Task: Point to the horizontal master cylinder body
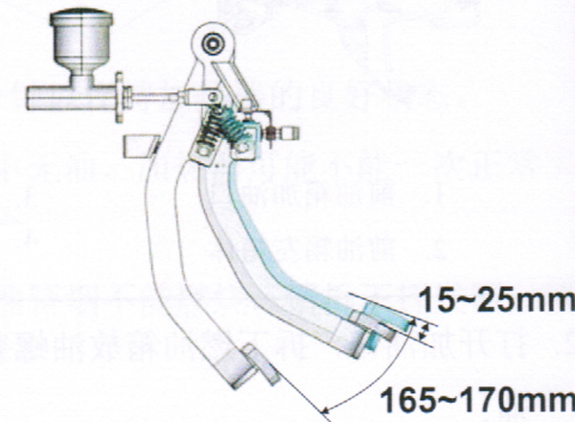pyautogui.click(x=67, y=95)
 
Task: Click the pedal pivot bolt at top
pyautogui.click(x=211, y=44)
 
